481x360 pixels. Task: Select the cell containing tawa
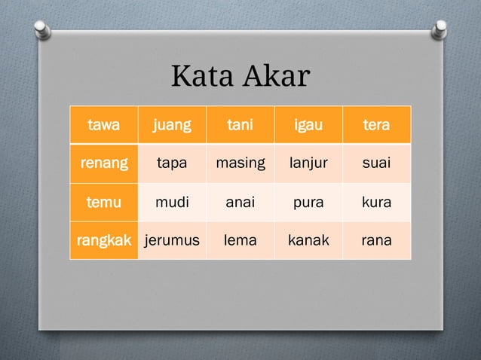coord(103,125)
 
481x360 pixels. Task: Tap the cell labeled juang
coord(172,125)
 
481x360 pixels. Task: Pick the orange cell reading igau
coord(308,125)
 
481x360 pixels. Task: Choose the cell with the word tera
coord(376,125)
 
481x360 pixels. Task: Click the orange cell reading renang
coord(103,163)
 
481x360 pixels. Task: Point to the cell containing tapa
coord(172,163)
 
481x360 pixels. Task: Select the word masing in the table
coord(240,163)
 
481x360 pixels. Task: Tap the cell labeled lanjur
coord(308,163)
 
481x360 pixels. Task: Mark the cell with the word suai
coord(376,163)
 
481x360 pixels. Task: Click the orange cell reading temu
coord(103,202)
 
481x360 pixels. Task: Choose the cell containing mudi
coord(172,202)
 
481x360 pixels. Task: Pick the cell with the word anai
coord(240,202)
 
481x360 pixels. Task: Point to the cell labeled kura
coord(376,202)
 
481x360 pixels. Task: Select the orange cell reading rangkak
coord(103,241)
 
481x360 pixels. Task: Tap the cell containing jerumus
coord(172,241)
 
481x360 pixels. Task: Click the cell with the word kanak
coord(308,241)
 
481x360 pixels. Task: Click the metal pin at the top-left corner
coord(44,28)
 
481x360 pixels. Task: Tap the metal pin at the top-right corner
coord(438,28)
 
